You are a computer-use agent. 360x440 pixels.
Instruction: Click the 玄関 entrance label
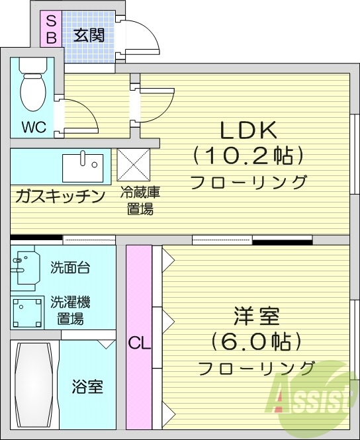click(x=89, y=34)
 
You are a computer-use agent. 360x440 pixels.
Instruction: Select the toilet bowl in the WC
click(x=31, y=89)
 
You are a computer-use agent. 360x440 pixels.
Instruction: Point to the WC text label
click(x=34, y=127)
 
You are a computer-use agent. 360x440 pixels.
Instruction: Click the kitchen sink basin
click(x=83, y=166)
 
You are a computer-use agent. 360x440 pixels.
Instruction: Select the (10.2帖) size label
click(x=248, y=156)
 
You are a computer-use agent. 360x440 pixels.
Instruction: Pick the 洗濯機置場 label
click(x=70, y=310)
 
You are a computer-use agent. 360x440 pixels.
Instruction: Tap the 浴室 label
click(x=87, y=386)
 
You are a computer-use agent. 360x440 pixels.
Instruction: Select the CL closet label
click(x=139, y=343)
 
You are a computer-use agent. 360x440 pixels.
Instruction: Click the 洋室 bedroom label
click(x=255, y=315)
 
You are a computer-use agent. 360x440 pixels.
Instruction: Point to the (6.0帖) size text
click(x=256, y=341)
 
